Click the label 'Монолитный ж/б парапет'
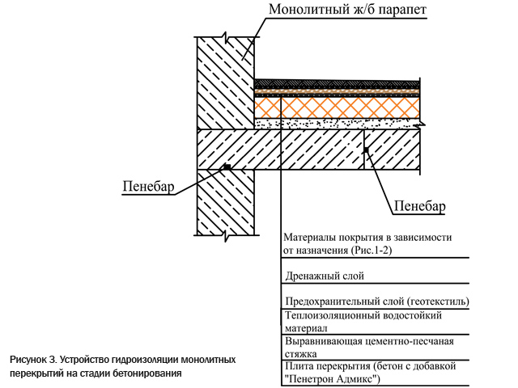coord(347,9)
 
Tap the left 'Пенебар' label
coord(148,187)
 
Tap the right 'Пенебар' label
coord(420,206)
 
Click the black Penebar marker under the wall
coord(227,167)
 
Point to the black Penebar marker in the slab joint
coord(366,150)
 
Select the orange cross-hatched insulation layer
coord(337,108)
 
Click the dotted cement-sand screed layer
coord(337,124)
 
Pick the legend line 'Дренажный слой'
coord(325,276)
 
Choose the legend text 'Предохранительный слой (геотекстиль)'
coord(377,302)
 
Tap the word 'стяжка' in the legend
coord(301,354)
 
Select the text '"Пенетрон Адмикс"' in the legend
coord(332,378)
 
